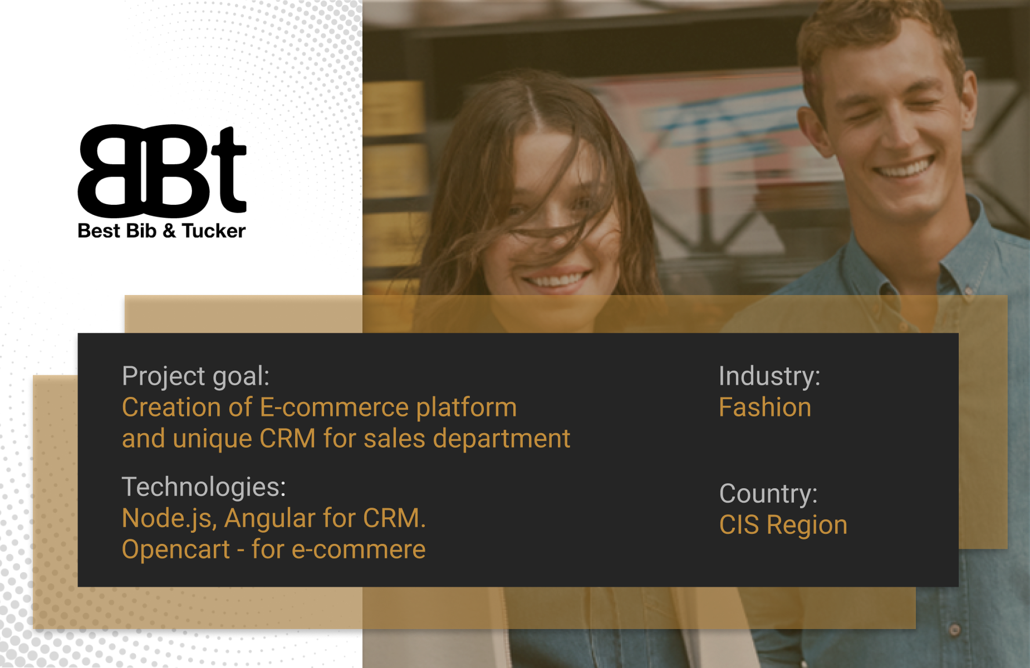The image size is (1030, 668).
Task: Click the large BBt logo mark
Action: pos(162,170)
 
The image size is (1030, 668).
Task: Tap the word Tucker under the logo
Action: pos(214,231)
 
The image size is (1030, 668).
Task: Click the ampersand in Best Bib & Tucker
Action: pos(169,231)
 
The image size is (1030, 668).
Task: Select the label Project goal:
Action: pos(195,377)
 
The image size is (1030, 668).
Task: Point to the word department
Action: pos(502,439)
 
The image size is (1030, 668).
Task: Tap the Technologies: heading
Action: pos(204,487)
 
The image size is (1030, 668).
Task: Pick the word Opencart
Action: pos(176,550)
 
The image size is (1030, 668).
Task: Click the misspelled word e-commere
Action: pos(359,550)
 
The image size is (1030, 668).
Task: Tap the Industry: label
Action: pos(769,376)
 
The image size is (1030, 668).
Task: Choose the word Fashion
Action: pos(765,407)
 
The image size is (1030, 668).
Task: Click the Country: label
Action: pos(768,494)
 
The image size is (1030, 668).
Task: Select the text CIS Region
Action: pos(783,525)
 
